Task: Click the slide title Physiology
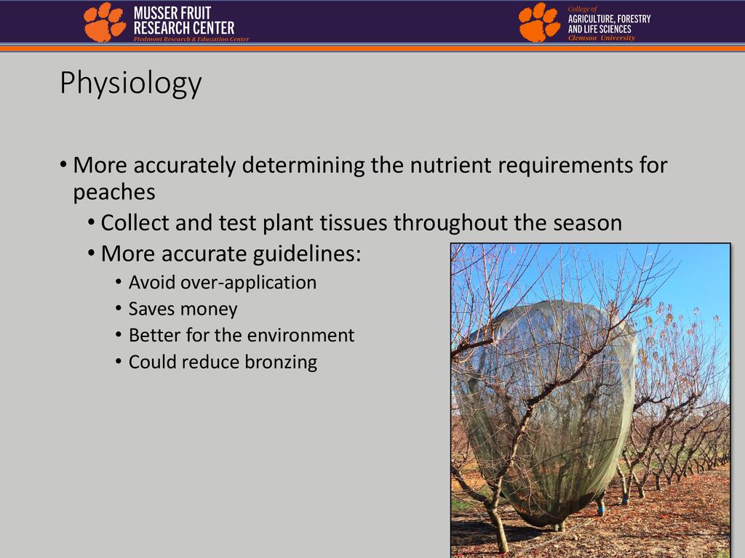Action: point(131,84)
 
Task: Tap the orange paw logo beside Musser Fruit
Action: point(105,22)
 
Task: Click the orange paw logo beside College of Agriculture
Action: point(539,22)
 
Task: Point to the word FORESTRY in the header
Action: point(634,19)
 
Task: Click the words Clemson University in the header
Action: point(602,38)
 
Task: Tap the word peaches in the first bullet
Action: point(114,193)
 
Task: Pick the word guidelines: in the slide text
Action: point(307,254)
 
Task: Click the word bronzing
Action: point(281,362)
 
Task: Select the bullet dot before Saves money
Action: point(119,310)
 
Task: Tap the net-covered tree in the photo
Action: point(546,413)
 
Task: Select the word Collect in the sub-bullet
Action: point(135,222)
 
